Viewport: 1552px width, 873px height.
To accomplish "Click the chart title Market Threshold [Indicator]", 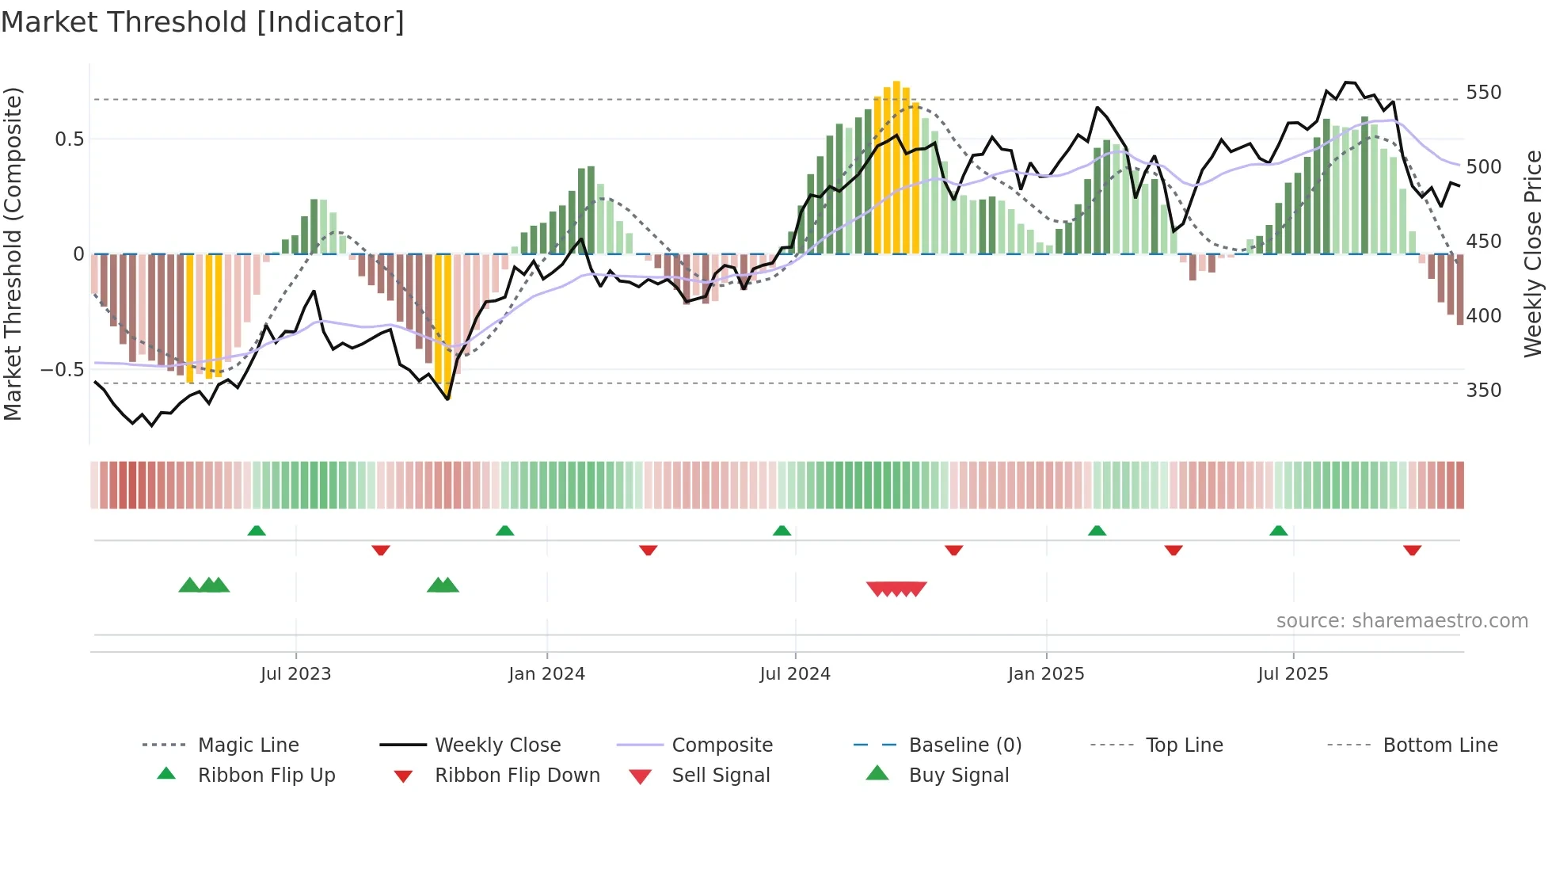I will [203, 22].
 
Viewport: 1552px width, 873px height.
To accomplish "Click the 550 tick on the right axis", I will [1483, 93].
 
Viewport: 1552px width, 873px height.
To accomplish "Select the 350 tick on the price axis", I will [1483, 391].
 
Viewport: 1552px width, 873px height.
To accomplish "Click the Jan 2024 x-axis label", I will [546, 674].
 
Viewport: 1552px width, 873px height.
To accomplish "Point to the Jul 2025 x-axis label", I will [1292, 674].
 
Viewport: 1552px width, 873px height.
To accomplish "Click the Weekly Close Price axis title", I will [1533, 254].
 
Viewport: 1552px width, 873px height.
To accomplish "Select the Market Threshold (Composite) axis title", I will [13, 254].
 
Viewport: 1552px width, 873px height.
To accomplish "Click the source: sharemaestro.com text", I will [1402, 621].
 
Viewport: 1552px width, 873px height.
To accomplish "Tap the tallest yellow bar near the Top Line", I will [896, 166].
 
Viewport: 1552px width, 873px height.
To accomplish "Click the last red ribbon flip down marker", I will [1412, 550].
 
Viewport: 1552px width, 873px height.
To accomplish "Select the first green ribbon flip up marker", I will [257, 531].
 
